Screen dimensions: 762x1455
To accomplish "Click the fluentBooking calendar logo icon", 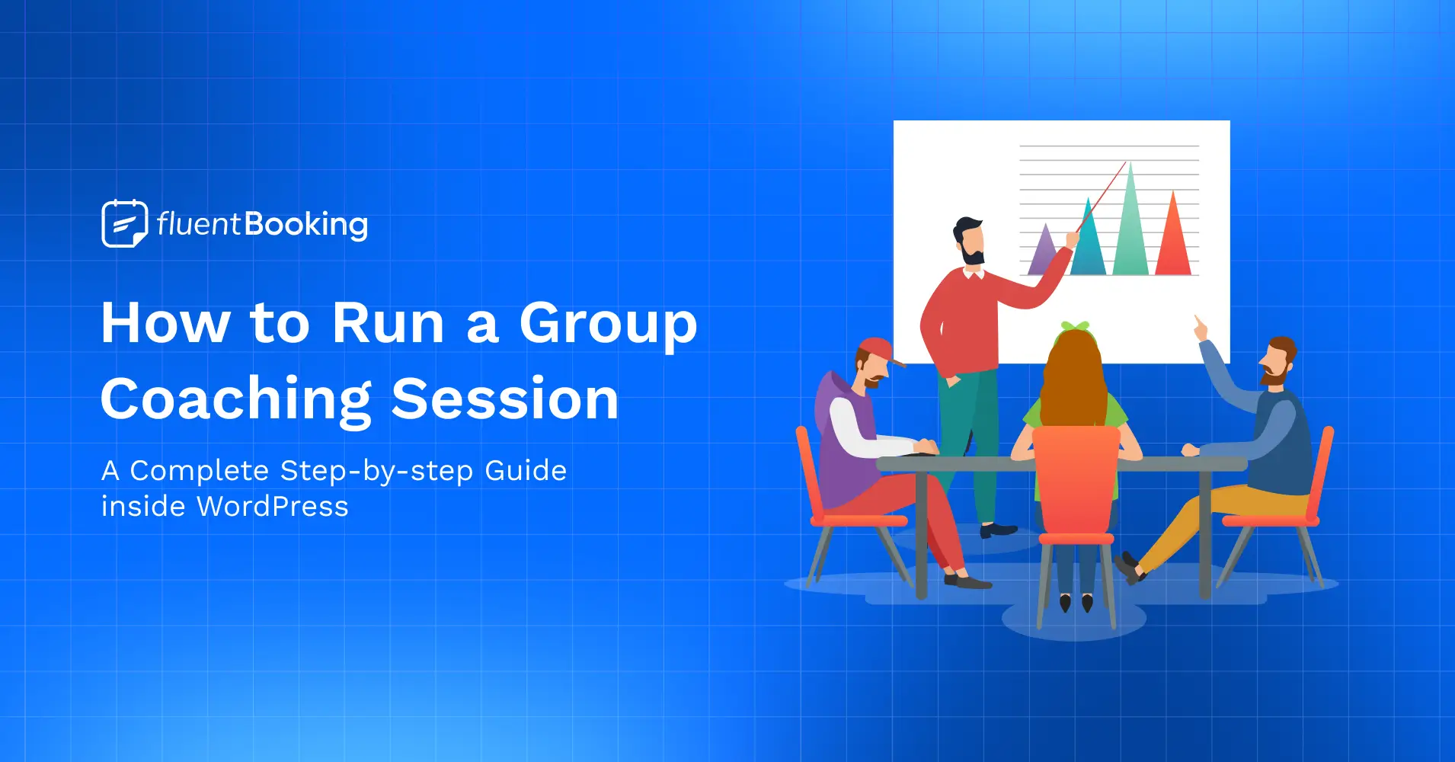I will click(x=124, y=223).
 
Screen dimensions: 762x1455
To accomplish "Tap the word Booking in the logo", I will click(x=306, y=225).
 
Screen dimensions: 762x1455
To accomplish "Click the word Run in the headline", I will click(x=388, y=323).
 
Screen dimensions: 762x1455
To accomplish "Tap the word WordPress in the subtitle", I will click(x=272, y=507).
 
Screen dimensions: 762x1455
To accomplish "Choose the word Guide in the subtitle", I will click(x=526, y=471).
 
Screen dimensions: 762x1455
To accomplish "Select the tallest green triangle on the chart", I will click(x=1130, y=229).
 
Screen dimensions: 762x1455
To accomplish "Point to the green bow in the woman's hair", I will click(x=1075, y=327).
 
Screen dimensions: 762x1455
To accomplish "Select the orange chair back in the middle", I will click(x=1075, y=480).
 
